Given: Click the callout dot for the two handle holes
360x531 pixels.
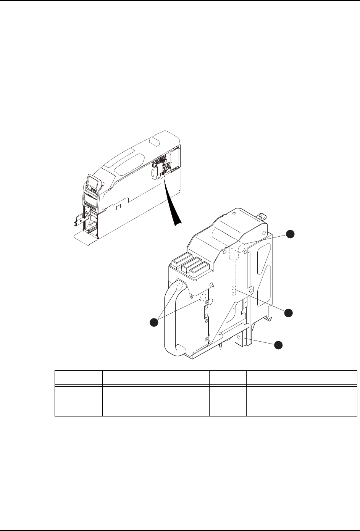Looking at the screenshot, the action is (x=153, y=322).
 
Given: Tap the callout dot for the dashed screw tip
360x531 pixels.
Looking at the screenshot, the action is (x=289, y=313).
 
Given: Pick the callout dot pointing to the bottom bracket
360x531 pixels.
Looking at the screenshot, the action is (x=279, y=345).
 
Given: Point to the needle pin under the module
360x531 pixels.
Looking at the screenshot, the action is (x=221, y=346).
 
